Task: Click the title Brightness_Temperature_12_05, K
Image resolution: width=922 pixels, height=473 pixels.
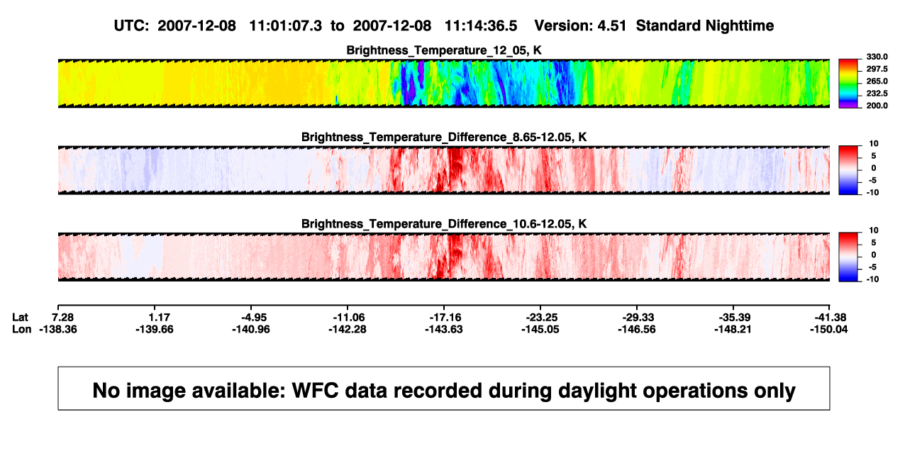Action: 444,50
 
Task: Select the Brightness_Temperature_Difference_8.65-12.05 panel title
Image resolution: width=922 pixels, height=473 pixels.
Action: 444,137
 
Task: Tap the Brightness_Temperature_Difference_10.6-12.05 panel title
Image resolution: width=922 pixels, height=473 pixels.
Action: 444,224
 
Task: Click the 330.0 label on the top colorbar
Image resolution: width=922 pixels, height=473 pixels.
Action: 877,57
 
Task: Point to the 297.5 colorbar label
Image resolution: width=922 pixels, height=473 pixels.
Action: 877,69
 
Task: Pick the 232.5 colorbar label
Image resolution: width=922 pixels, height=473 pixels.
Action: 877,94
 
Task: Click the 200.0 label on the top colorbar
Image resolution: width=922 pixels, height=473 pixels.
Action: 877,106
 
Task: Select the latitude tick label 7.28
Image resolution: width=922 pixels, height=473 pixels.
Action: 62,318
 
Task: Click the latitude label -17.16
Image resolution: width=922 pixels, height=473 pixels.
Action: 445,318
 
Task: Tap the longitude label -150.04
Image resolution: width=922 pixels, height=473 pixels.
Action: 829,329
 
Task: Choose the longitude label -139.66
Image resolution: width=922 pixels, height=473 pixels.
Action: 155,329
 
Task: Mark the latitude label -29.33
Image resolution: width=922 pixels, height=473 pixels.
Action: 638,318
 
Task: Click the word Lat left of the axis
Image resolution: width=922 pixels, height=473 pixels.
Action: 20,318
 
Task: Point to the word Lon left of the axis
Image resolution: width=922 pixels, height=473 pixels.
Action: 21,329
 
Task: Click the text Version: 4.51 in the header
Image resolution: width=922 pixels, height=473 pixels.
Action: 580,26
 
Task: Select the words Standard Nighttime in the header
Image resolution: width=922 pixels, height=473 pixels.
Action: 705,26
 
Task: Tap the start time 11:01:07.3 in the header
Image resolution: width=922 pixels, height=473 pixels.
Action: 286,26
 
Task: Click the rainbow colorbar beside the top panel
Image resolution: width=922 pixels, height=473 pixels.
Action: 848,84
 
